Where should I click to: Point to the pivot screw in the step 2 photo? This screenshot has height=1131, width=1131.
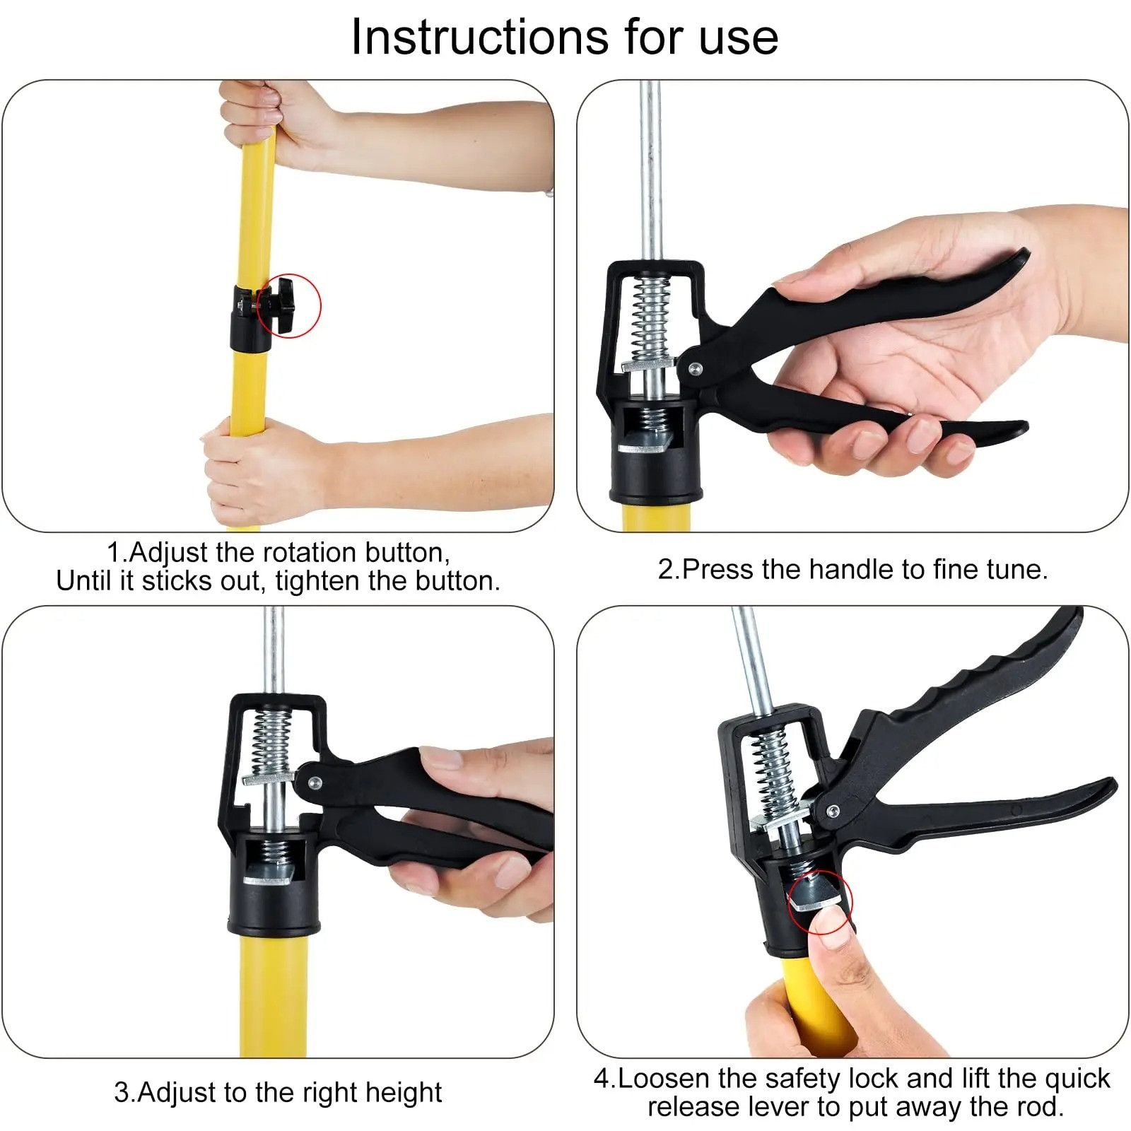695,368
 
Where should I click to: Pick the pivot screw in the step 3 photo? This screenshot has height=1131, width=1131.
315,783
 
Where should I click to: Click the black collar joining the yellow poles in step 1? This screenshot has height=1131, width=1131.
250,319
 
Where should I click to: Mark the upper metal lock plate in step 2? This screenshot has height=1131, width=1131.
647,365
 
